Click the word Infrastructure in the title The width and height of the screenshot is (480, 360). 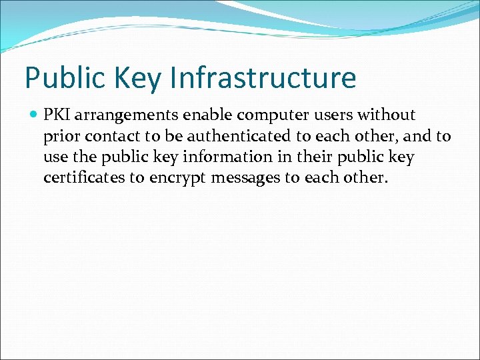point(263,77)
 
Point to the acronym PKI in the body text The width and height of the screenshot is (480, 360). point(57,115)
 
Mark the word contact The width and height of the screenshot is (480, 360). point(106,136)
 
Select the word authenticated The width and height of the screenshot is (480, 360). point(228,136)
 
